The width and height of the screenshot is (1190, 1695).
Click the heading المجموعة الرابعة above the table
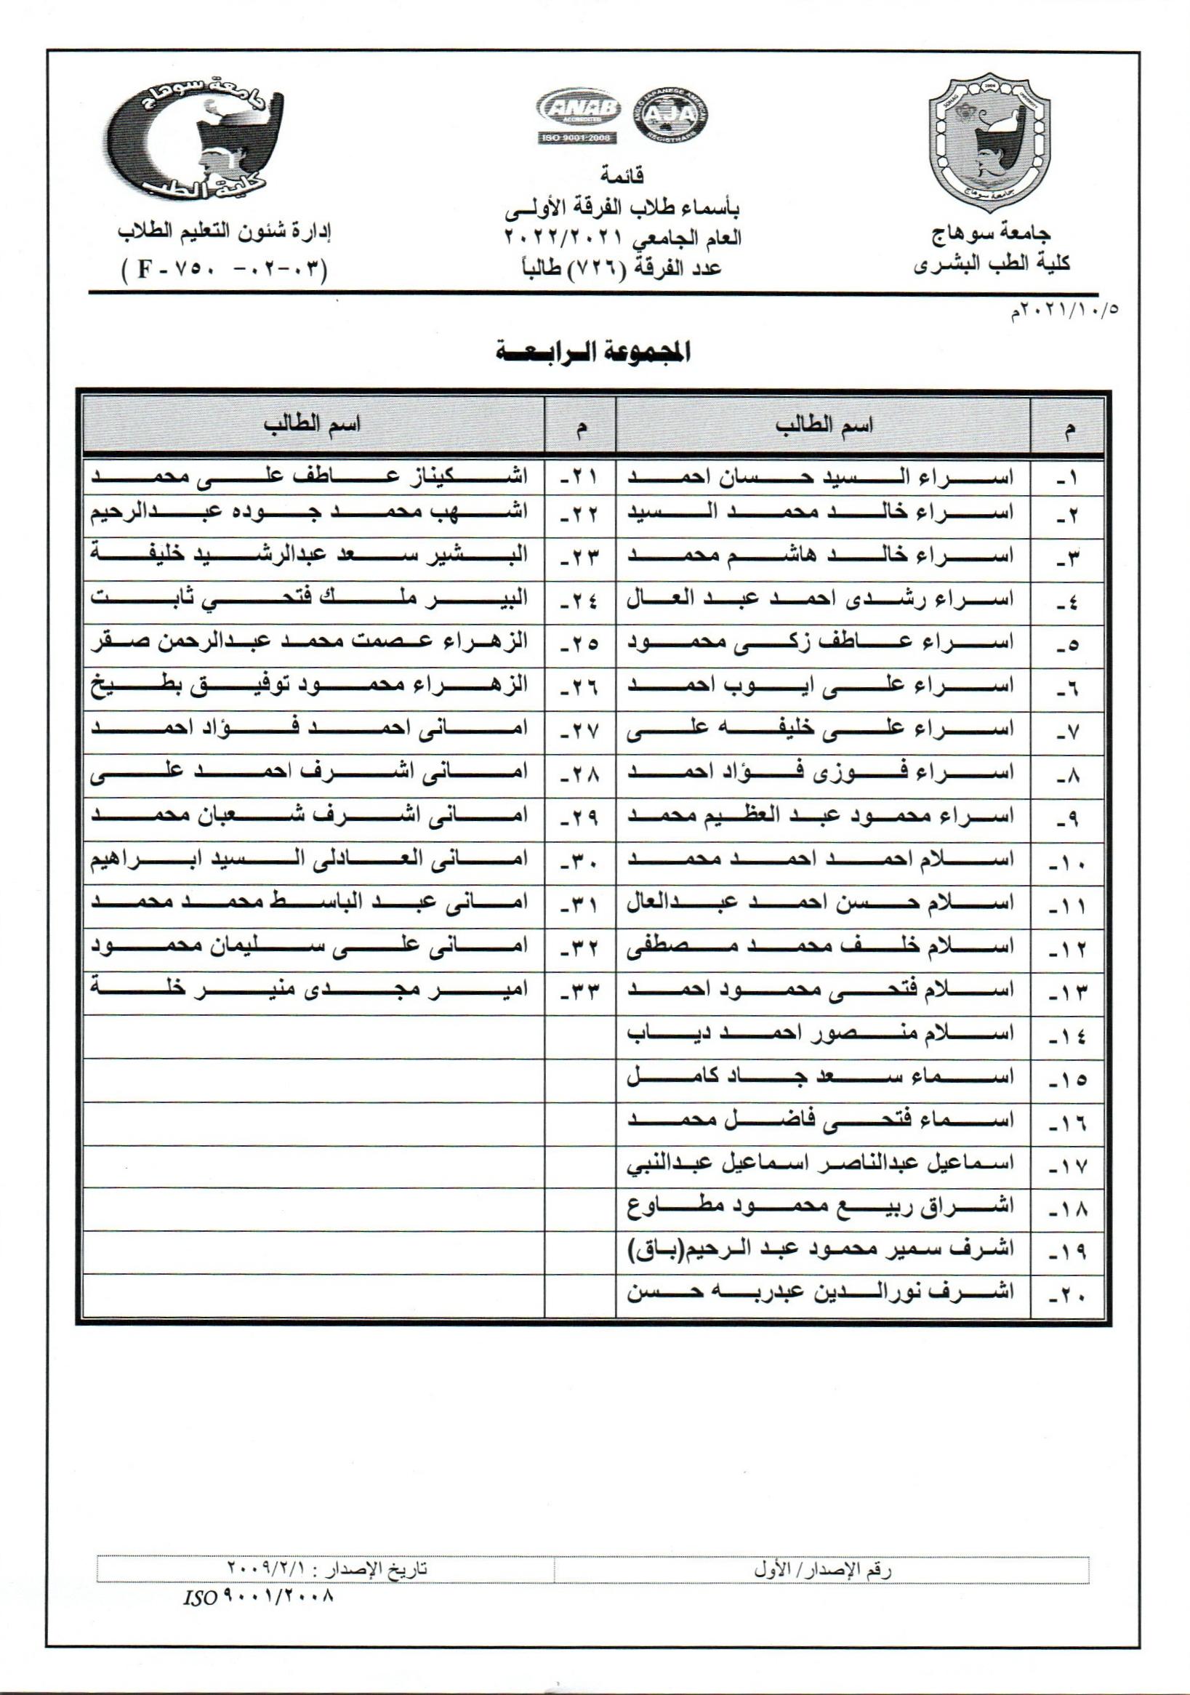coord(595,353)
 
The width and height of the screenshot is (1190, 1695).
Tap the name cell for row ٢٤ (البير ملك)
coord(308,597)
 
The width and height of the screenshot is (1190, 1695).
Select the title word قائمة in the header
coord(624,175)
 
